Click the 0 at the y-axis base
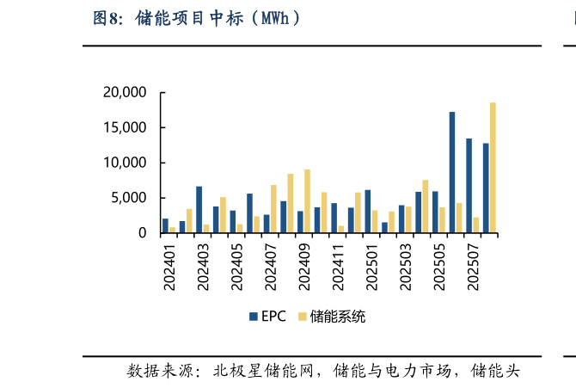click(x=143, y=233)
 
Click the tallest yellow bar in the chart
click(x=493, y=168)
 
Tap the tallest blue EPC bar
click(x=452, y=172)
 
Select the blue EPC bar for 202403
click(x=199, y=209)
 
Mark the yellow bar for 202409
click(x=307, y=200)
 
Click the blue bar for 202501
click(x=368, y=211)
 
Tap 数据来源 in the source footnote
click(x=158, y=372)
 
